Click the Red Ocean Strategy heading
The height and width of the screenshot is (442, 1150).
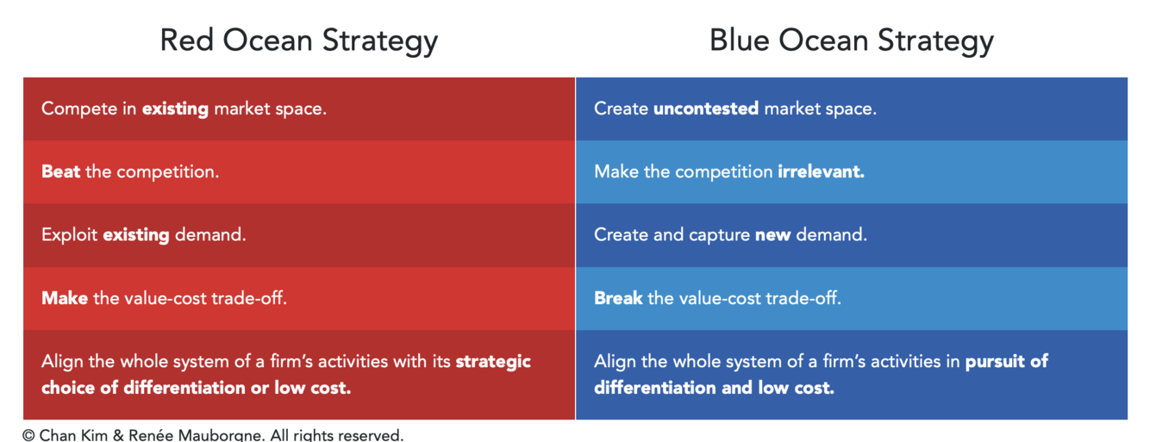[x=299, y=41]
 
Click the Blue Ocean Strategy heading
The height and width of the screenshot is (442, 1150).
[x=852, y=41]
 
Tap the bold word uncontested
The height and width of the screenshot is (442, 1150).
[x=706, y=109]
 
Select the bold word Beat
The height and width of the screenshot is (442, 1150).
[x=61, y=171]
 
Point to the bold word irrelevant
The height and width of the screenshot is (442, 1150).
[x=821, y=171]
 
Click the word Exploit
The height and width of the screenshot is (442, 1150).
[x=69, y=235]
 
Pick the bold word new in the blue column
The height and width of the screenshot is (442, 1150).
[x=772, y=235]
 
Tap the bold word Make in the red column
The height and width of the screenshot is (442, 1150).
[x=65, y=298]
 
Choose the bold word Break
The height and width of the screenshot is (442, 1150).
[x=618, y=298]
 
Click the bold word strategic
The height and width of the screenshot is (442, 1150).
[x=493, y=362]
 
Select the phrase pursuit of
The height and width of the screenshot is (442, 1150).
[x=1007, y=362]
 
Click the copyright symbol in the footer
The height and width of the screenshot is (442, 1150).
[x=28, y=435]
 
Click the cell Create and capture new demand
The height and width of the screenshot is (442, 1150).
[x=852, y=235]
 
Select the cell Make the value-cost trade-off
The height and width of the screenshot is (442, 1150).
[x=299, y=298]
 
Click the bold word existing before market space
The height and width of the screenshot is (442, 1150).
[x=175, y=109]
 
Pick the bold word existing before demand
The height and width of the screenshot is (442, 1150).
[x=136, y=235]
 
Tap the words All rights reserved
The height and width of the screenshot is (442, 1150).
[x=337, y=435]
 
